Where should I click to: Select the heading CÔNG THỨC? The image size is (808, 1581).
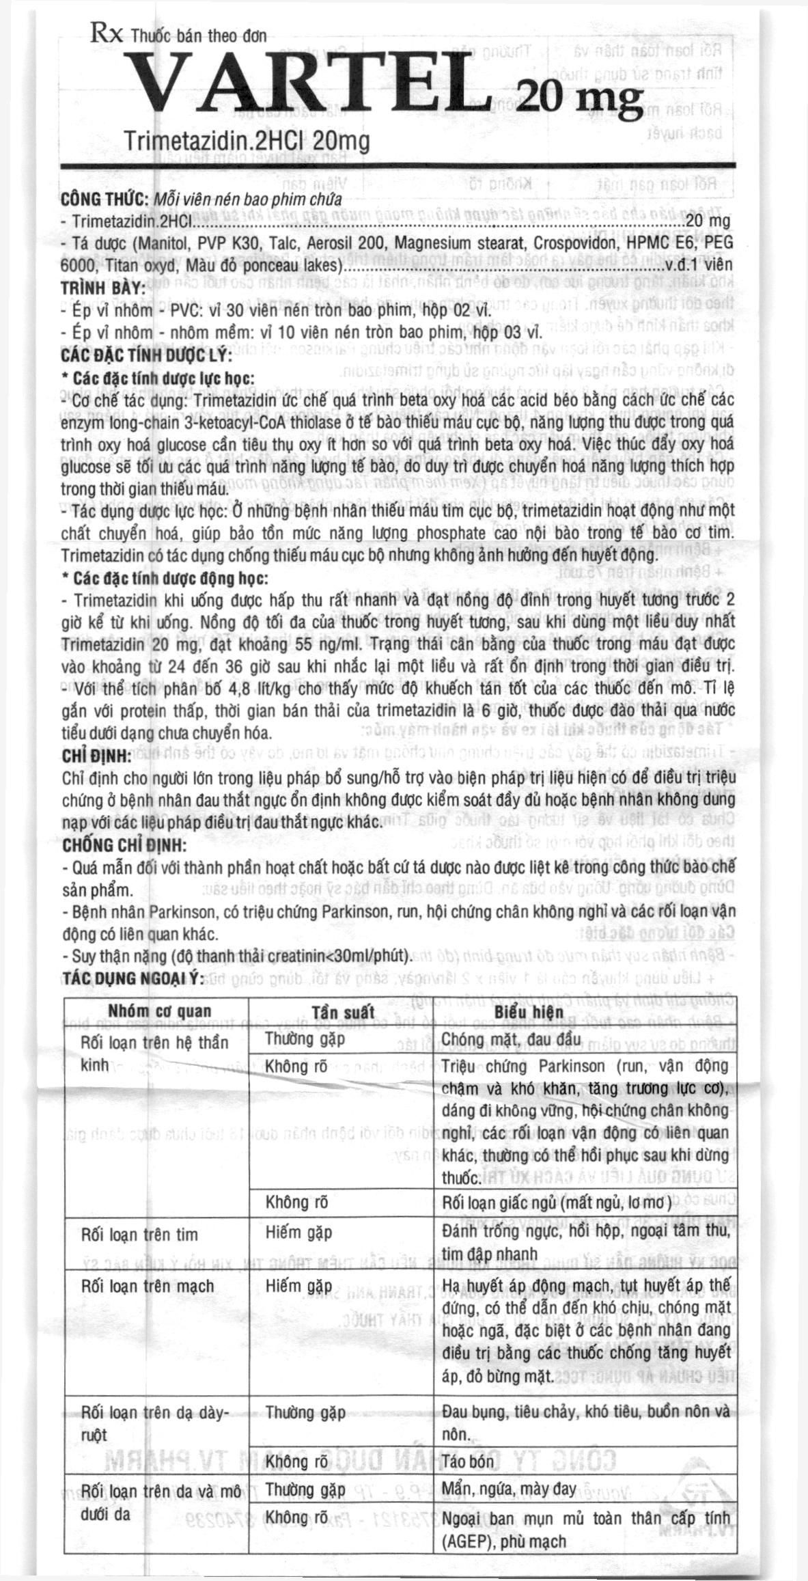coord(105,200)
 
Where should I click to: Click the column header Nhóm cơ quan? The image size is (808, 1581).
coord(160,1011)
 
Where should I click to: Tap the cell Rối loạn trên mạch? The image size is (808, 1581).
coord(147,1286)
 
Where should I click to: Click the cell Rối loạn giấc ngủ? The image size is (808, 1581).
coord(557,1202)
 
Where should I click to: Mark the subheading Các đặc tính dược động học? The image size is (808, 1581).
coord(165,578)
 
